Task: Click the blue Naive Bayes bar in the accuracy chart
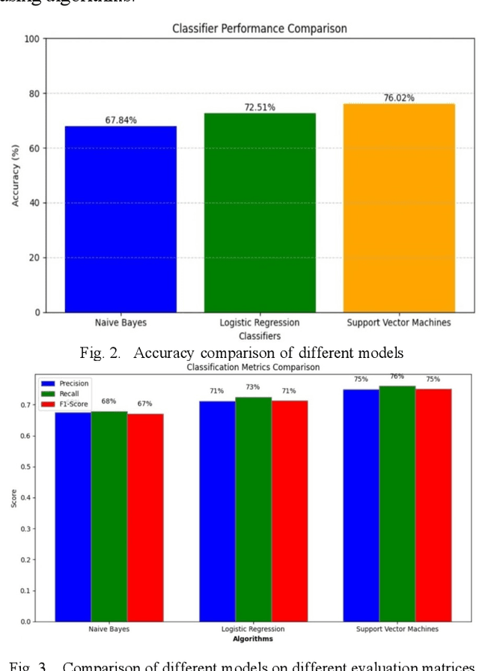[120, 219]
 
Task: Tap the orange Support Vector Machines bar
[399, 207]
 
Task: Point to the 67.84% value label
[120, 120]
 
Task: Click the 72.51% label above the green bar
[260, 107]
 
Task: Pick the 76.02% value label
[399, 97]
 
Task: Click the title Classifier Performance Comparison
[260, 29]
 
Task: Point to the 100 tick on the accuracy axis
[31, 38]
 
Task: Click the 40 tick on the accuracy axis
[34, 203]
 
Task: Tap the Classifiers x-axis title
[259, 335]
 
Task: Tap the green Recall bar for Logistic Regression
[253, 508]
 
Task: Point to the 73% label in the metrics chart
[253, 387]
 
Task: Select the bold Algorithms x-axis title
[252, 639]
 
